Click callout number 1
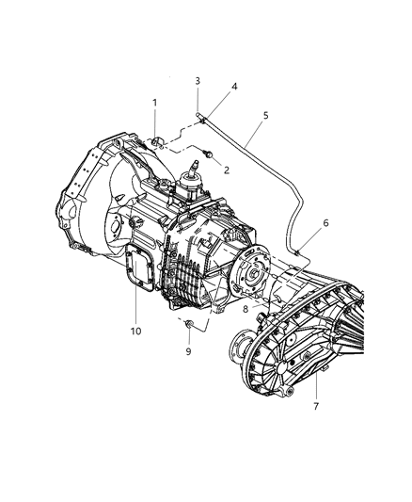[x=154, y=103]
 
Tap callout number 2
[x=227, y=170]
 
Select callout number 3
[x=198, y=81]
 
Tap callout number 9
[x=188, y=351]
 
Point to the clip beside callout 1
[x=158, y=142]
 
